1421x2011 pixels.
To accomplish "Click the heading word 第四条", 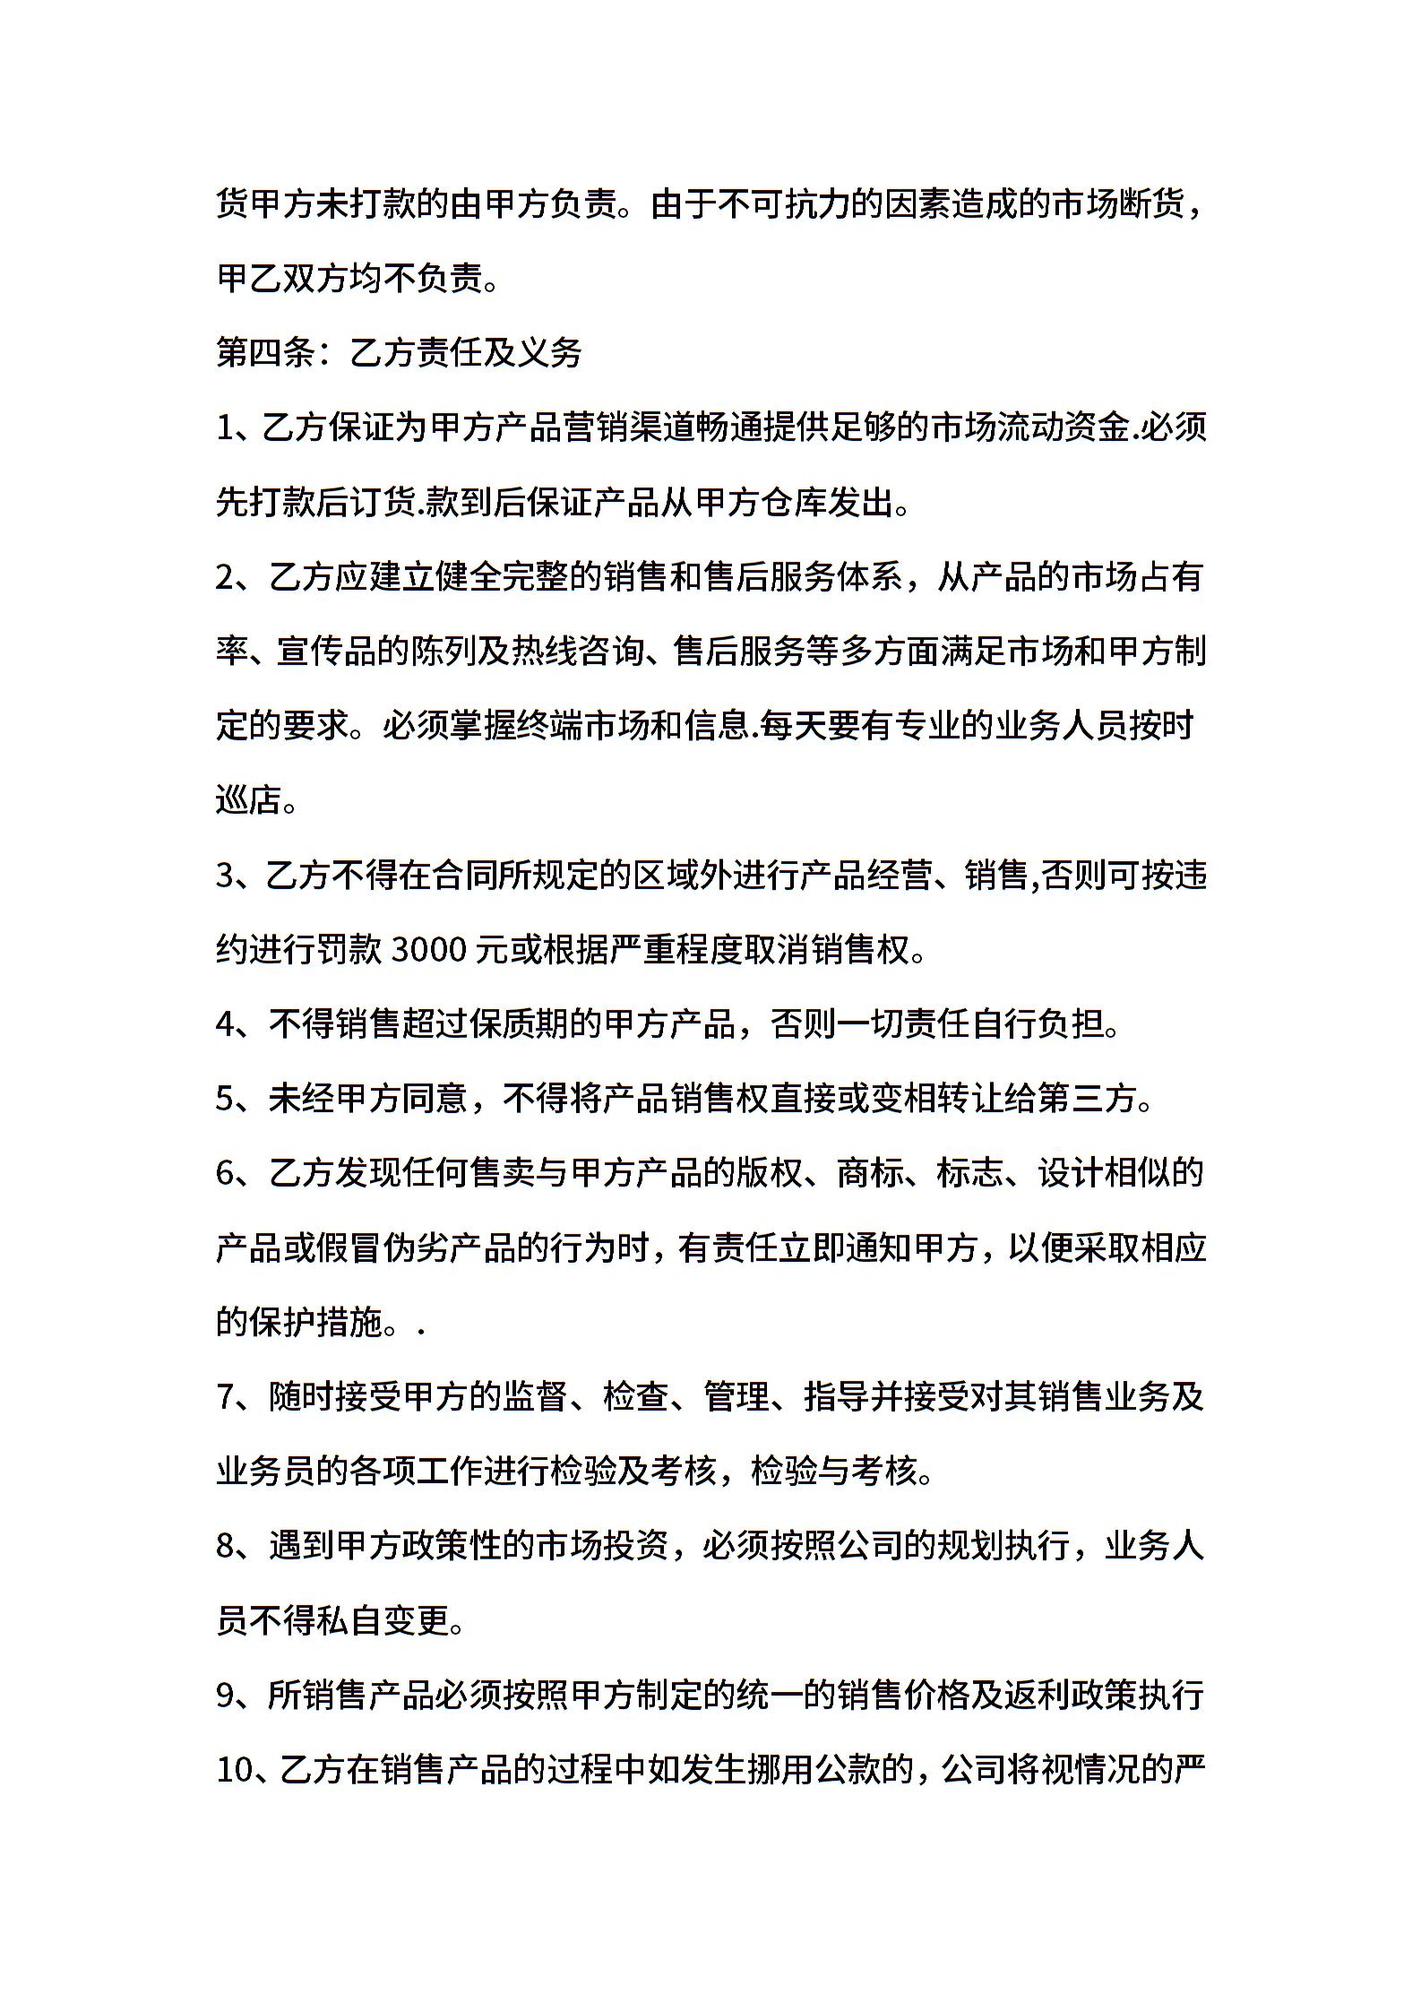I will pos(266,353).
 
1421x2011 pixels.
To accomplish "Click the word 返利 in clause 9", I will pos(1037,1695).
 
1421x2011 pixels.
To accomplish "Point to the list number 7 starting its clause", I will pos(225,1397).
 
